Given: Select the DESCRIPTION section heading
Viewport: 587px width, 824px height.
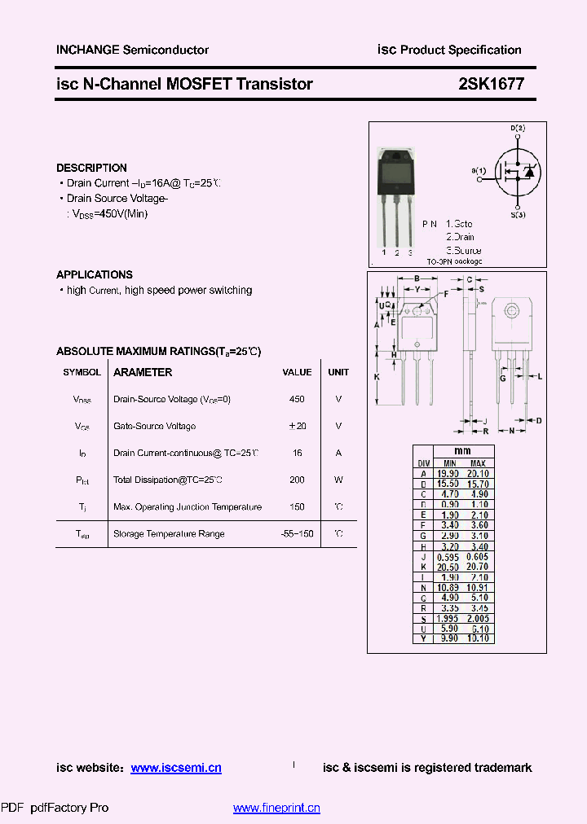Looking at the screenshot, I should (91, 168).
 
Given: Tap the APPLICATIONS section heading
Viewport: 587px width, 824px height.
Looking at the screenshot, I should (95, 274).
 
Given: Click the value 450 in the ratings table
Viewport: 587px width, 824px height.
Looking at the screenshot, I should (297, 399).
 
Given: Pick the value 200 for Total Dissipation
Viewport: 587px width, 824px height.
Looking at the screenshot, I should (297, 480).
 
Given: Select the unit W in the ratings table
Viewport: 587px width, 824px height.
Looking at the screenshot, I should (338, 480).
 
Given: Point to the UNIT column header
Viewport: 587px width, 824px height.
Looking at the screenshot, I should (338, 372).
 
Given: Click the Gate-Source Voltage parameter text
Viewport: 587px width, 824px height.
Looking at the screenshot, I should (154, 426).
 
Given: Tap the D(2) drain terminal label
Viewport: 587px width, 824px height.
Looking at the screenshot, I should (518, 129).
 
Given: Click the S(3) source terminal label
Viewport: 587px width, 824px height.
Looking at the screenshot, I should (518, 214).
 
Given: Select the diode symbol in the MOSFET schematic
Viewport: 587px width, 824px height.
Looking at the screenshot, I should (528, 172).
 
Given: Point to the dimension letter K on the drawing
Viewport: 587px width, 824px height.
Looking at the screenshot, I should (377, 377).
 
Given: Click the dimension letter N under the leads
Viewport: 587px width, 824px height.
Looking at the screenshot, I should (511, 431).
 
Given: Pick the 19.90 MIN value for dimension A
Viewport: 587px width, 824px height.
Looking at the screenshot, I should (448, 473).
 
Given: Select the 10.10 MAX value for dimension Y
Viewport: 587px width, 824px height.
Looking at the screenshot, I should (478, 638).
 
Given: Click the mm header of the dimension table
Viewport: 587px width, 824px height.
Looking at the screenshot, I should (462, 451).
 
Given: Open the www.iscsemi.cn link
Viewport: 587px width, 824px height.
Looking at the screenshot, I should (175, 768).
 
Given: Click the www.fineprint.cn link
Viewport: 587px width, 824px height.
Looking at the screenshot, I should (276, 808).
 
